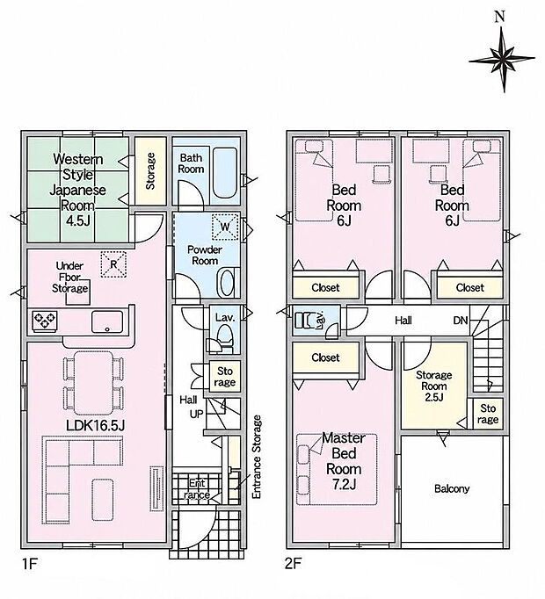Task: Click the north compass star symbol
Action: coord(502,59)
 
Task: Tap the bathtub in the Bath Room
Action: coord(226,173)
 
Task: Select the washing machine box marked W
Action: coord(225,227)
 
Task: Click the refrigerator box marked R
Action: coord(113,264)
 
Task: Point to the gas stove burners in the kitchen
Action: coord(45,321)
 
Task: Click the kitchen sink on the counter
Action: coord(107,322)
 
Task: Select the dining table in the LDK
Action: coord(94,383)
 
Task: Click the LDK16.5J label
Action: coord(95,426)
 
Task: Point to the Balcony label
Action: coord(452,488)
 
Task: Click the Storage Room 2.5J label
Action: coord(433,386)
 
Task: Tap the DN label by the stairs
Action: coord(461,320)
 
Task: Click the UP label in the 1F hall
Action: coord(196,414)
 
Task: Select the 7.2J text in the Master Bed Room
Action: coord(344,485)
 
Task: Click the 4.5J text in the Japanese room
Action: coord(77,220)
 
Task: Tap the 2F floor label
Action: coord(294,564)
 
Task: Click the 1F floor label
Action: coord(29,564)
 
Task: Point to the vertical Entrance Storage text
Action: coord(257,457)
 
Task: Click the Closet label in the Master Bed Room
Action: coord(325,357)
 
